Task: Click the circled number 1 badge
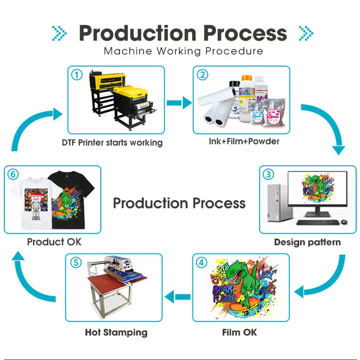[77, 75]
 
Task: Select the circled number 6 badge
[14, 175]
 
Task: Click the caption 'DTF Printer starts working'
[112, 143]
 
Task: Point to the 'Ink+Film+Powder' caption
[244, 141]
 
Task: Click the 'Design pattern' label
[307, 242]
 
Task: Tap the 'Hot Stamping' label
[116, 332]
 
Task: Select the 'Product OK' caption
[54, 241]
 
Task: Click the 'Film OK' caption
[240, 332]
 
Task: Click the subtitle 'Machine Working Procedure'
[183, 51]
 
